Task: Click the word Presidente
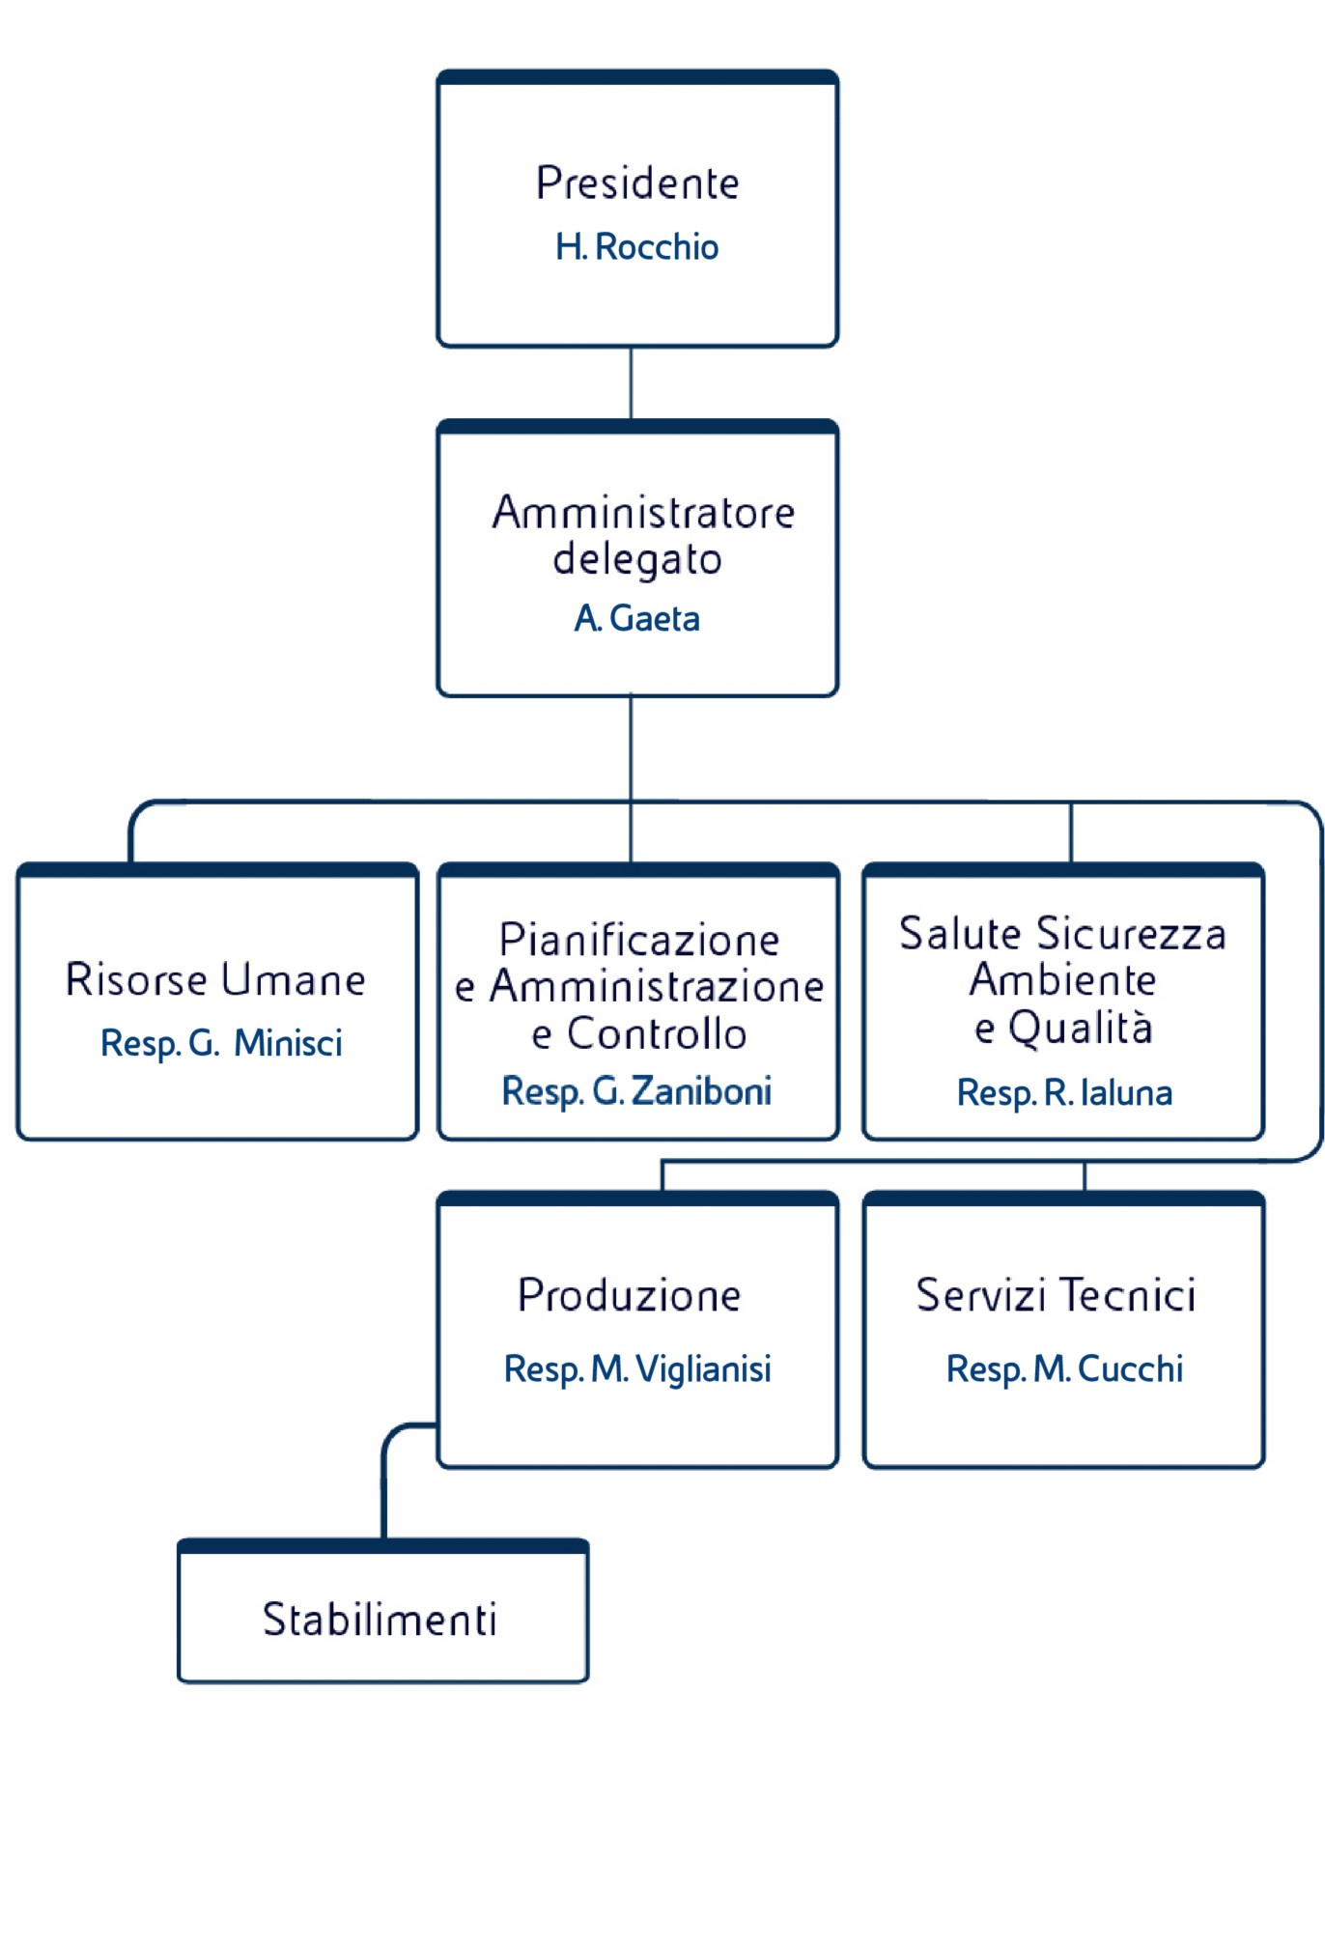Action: [637, 183]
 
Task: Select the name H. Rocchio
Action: [637, 247]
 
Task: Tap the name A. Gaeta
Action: [637, 618]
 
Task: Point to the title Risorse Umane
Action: [215, 979]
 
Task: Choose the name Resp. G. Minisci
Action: [221, 1043]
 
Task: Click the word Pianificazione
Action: [639, 940]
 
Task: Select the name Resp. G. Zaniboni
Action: [637, 1091]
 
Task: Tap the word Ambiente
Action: [1062, 980]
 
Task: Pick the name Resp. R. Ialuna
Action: [1064, 1092]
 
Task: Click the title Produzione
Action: [629, 1295]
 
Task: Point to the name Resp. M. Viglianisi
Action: [637, 1368]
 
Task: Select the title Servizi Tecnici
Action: [1056, 1295]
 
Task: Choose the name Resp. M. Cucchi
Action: [1064, 1368]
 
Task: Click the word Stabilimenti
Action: [380, 1620]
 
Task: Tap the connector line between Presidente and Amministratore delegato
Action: [632, 383]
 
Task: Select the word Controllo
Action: [657, 1034]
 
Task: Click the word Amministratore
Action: [643, 513]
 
